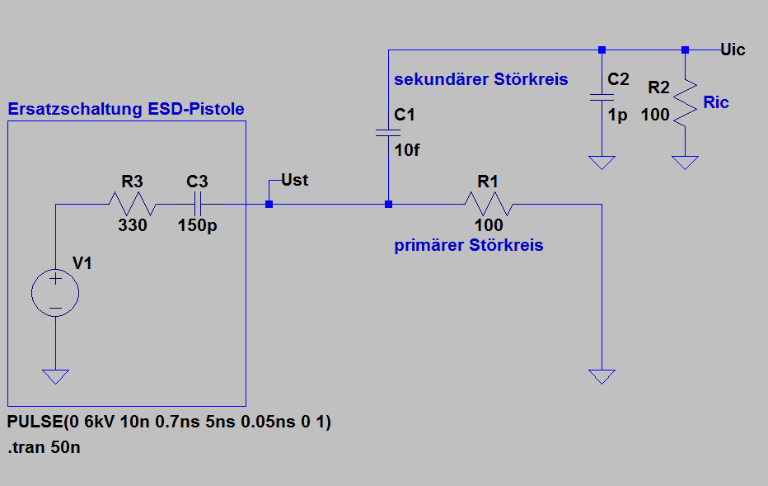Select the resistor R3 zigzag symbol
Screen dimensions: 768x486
pyautogui.click(x=132, y=204)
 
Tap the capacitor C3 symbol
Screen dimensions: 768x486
pyautogui.click(x=198, y=204)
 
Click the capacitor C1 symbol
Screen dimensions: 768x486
pyautogui.click(x=388, y=133)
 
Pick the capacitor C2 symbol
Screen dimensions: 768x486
pyautogui.click(x=602, y=97)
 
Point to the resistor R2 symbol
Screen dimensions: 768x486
pyautogui.click(x=686, y=103)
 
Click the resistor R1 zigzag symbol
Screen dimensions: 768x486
pyautogui.click(x=489, y=204)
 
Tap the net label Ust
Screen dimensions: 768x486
pyautogui.click(x=295, y=180)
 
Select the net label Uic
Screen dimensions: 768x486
pyautogui.click(x=733, y=50)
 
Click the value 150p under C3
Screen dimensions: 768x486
pyautogui.click(x=198, y=225)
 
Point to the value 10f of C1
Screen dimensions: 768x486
pyautogui.click(x=407, y=150)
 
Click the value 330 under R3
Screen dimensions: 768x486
pyautogui.click(x=132, y=225)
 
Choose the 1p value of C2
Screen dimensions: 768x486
pyautogui.click(x=618, y=116)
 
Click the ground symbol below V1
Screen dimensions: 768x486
pyautogui.click(x=55, y=376)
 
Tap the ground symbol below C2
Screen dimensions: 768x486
pyautogui.click(x=602, y=163)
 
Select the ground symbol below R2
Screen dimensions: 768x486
pyautogui.click(x=686, y=163)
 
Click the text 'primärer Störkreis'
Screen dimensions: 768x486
pyautogui.click(x=469, y=245)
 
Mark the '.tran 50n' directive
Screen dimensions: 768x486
pyautogui.click(x=44, y=447)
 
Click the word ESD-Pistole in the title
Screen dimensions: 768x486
pyautogui.click(x=196, y=108)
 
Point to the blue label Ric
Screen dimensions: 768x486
pyautogui.click(x=716, y=102)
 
